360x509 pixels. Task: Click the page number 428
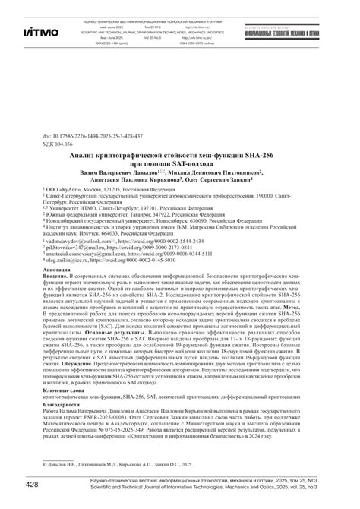32,485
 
